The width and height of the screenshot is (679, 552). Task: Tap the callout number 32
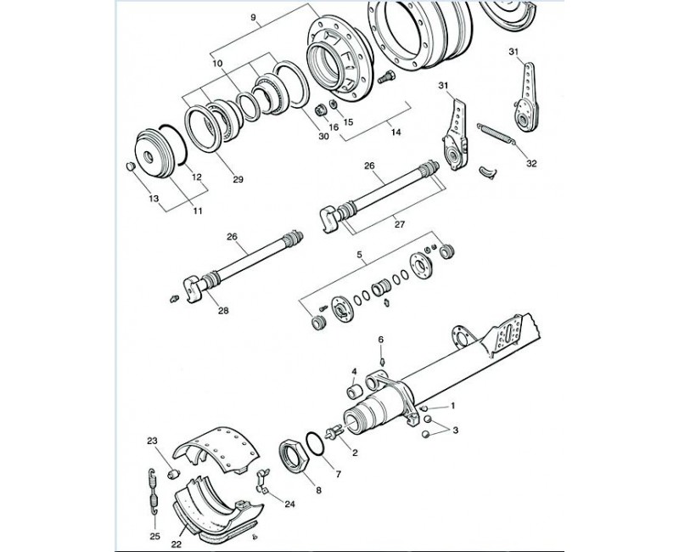(x=531, y=162)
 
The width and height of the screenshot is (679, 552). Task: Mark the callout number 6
(x=381, y=339)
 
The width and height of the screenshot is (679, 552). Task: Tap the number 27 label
(x=399, y=225)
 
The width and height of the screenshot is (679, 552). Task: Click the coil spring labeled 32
(x=497, y=136)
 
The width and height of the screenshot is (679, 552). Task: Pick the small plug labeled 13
(x=130, y=166)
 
